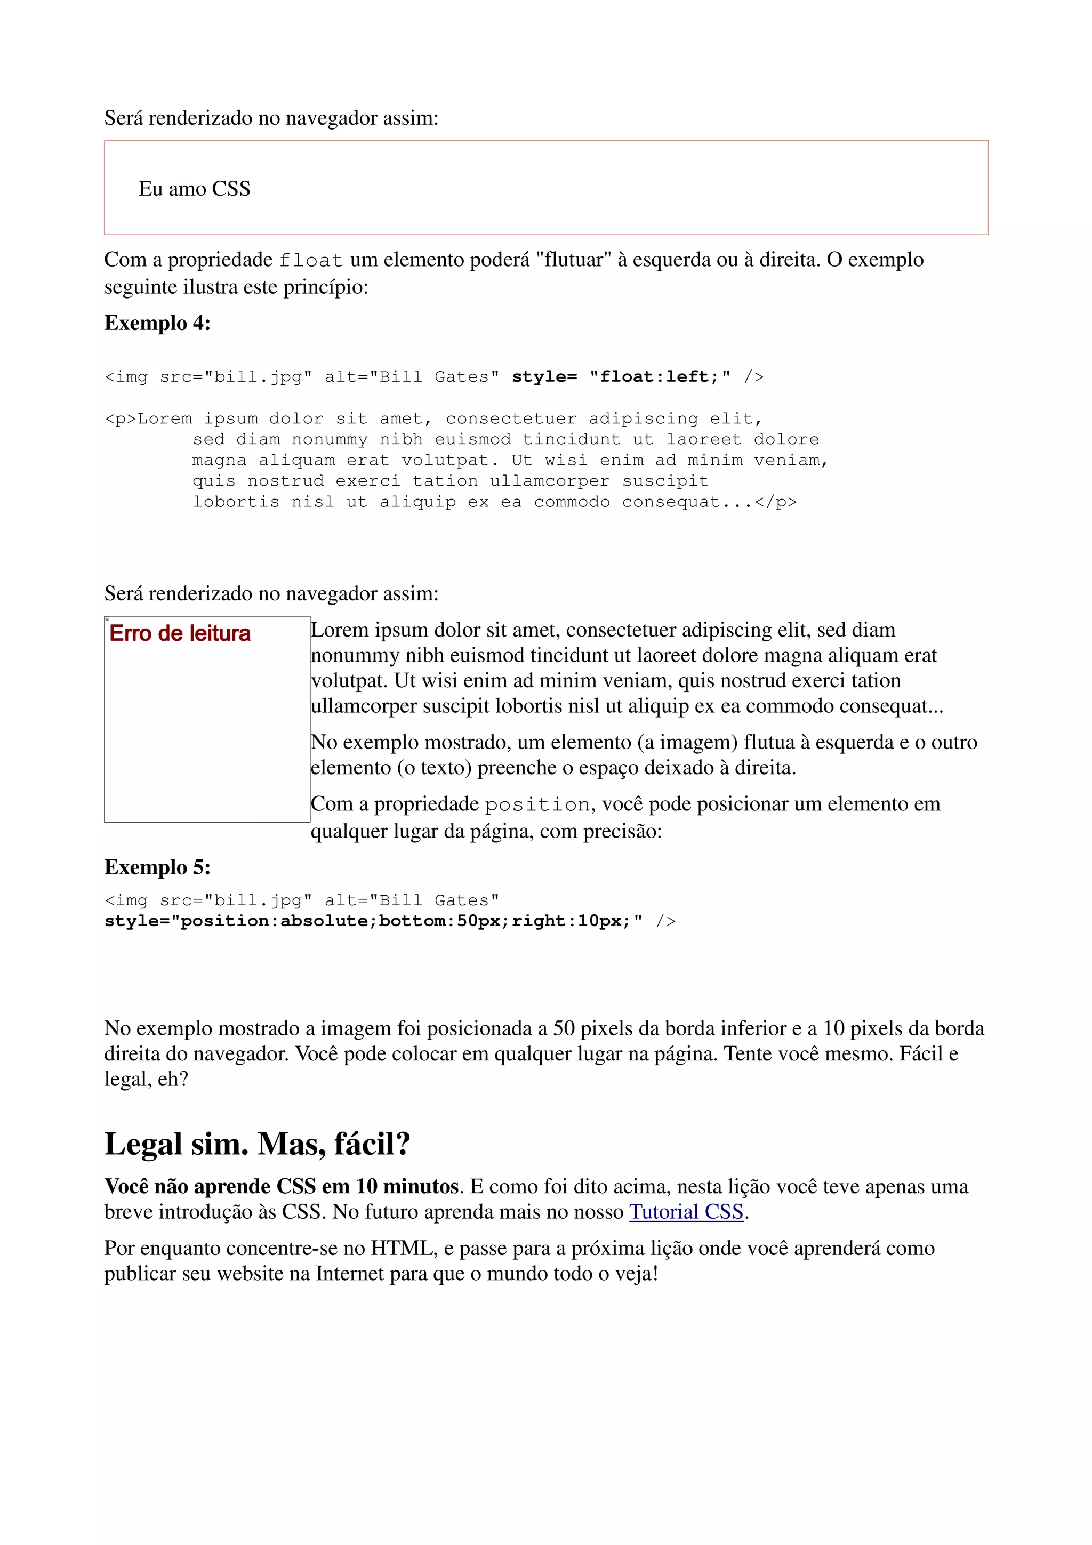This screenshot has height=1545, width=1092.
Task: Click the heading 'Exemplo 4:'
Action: click(x=157, y=323)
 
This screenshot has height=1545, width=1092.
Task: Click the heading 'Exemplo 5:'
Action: click(x=157, y=867)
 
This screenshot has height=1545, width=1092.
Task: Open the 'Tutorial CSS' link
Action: click(x=686, y=1212)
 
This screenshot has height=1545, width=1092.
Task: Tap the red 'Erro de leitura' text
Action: click(x=180, y=633)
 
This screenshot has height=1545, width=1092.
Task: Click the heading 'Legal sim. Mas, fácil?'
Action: click(x=257, y=1144)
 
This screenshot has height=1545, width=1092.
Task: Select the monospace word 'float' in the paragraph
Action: click(x=311, y=260)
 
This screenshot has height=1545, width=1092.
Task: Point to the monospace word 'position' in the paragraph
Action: click(x=537, y=805)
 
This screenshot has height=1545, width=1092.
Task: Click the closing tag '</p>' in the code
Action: click(x=775, y=502)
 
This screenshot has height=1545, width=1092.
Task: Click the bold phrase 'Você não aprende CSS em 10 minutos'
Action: click(x=281, y=1186)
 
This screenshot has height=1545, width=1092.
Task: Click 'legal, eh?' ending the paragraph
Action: click(x=146, y=1080)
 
